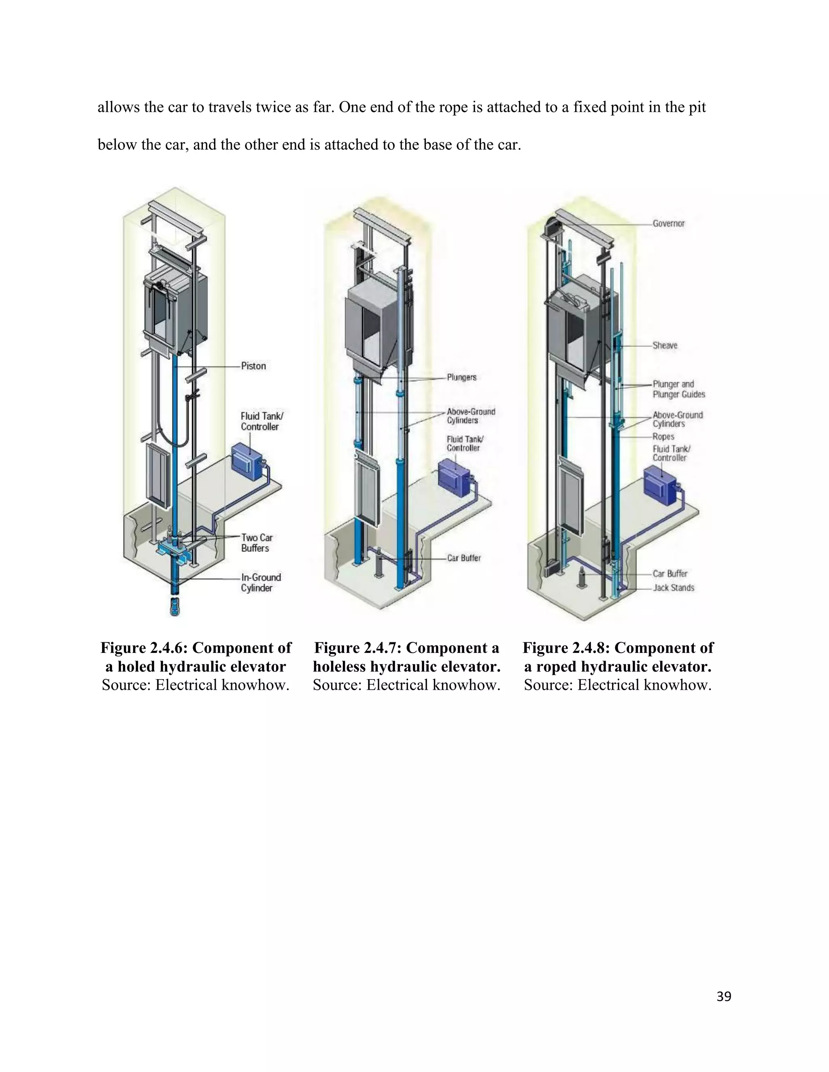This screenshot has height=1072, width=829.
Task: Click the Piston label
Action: [253, 366]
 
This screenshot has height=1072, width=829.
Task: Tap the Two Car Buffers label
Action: [256, 543]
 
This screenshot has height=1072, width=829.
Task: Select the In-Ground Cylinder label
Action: [260, 583]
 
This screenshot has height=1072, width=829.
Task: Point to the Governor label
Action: [668, 223]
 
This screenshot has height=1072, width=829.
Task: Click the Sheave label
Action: [665, 345]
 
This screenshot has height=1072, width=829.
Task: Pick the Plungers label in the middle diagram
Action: [461, 377]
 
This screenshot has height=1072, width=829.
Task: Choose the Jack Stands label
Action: [673, 587]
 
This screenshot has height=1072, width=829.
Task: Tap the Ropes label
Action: [663, 436]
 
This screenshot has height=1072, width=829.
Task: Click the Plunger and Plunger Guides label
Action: [678, 389]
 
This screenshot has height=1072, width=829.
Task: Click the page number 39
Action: [723, 997]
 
